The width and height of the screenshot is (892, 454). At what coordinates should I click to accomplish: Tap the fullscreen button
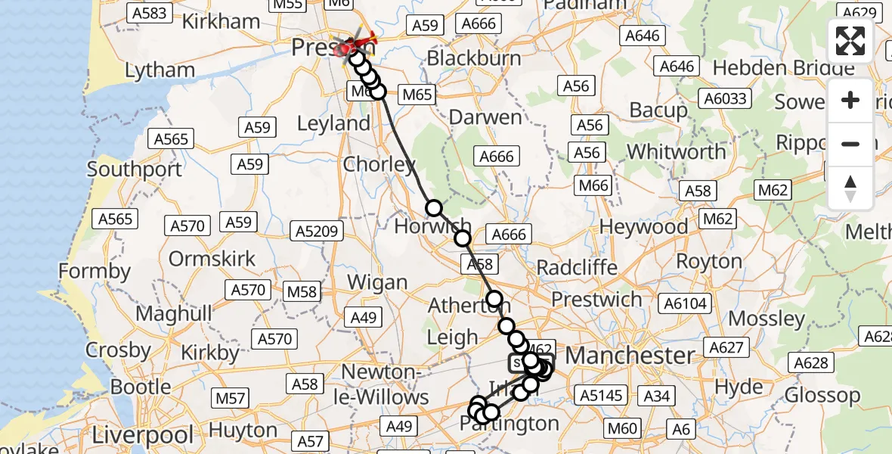(x=850, y=41)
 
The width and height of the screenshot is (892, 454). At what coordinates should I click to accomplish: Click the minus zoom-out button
(x=850, y=144)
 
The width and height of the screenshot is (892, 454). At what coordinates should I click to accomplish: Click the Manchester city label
(x=630, y=355)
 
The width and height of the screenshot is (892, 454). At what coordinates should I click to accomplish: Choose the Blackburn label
(x=474, y=58)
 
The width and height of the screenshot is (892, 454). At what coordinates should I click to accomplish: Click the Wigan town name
(x=377, y=283)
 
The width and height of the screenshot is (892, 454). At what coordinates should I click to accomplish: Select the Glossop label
(x=822, y=395)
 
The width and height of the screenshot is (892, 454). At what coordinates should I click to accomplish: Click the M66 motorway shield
(x=594, y=185)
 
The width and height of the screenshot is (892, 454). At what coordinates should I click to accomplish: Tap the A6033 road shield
(x=725, y=98)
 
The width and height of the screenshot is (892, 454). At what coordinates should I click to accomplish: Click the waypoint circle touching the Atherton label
(x=494, y=299)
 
